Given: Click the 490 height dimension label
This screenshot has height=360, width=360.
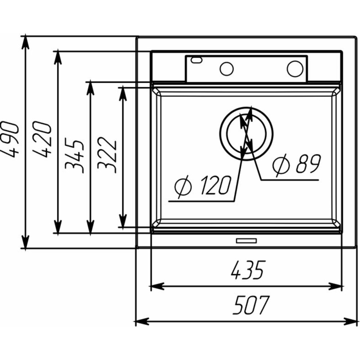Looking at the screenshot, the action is [x=9, y=140].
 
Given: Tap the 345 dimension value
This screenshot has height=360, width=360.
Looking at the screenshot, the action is [x=74, y=156].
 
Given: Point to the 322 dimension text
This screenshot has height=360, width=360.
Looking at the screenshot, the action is [x=107, y=155].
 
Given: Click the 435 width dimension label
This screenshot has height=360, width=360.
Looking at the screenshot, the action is [x=248, y=270].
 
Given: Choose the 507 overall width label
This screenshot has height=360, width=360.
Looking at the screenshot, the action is [x=250, y=305].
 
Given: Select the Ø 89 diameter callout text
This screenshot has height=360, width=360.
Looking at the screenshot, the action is [x=296, y=164].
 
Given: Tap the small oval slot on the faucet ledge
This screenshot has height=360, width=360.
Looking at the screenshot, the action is [x=197, y=60].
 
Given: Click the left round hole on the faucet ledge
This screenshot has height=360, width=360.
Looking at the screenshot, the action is [x=226, y=69].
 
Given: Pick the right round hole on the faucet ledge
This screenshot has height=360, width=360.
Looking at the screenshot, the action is [x=295, y=69].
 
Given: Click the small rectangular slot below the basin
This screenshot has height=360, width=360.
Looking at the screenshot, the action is [x=246, y=240].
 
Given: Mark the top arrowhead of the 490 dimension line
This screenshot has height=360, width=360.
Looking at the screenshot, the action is [x=25, y=42].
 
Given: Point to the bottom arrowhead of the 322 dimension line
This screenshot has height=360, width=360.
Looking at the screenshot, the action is [x=123, y=221].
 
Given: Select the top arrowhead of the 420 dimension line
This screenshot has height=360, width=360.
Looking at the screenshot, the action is [x=58, y=57].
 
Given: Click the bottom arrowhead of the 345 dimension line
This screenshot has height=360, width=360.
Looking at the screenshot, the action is [x=91, y=227].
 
